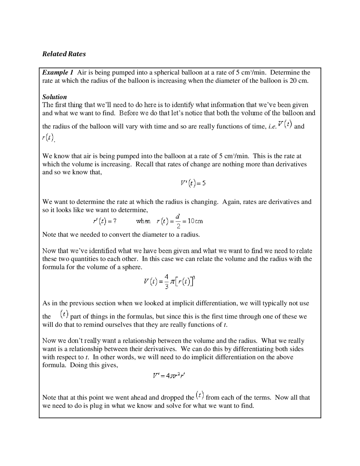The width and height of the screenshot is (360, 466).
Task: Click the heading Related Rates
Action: click(64, 54)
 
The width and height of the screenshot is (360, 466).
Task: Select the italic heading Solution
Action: click(55, 97)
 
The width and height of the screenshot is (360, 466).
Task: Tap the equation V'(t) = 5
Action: click(193, 183)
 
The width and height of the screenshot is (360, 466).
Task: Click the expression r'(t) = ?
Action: click(104, 221)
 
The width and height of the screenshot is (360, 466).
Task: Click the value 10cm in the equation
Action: click(195, 221)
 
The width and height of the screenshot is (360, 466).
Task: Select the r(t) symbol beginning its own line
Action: click(48, 138)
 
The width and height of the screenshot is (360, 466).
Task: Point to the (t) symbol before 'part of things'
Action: click(64, 314)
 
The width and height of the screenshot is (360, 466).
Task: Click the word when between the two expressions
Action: click(143, 221)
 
